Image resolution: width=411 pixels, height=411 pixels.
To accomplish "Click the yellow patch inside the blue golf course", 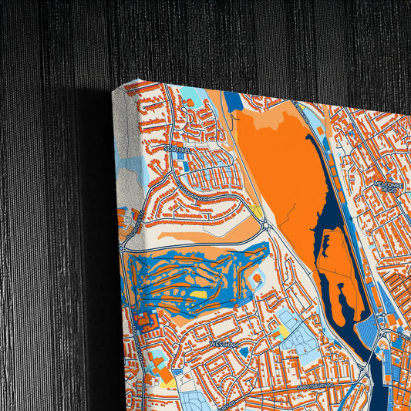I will coord(199,294).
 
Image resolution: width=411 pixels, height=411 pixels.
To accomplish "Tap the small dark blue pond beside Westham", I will coord(244,352).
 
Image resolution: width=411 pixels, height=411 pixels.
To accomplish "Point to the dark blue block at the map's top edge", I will coord(234,101).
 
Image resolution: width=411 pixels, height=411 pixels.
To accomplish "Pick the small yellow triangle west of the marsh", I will coord(256,210).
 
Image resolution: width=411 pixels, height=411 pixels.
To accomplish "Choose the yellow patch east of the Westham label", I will coord(282,332).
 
